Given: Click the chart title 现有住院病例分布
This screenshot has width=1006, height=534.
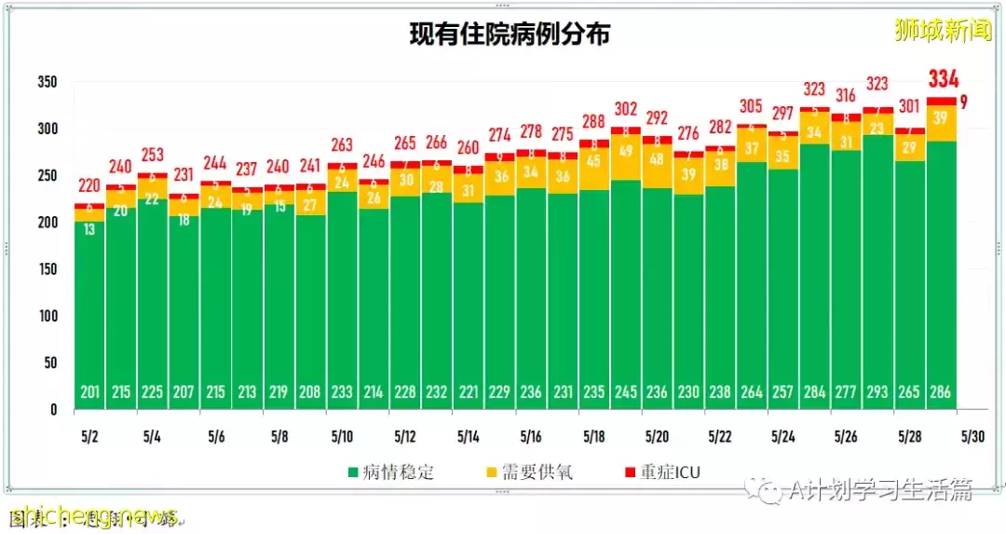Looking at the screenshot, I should pos(510,34).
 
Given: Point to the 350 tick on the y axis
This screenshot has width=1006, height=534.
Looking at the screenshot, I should pos(47,82).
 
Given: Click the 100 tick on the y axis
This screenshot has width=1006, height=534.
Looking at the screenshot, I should pos(47,316).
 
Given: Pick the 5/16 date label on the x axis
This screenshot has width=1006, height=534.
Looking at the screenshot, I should pos(531,436).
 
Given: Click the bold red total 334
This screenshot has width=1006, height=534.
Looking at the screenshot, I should pos(943,78).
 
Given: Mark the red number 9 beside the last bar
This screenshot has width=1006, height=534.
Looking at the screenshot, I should pos(964,103).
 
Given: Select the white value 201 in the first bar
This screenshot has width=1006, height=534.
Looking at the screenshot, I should pos(89,392).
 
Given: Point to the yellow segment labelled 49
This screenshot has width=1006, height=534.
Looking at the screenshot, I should pos(626,151).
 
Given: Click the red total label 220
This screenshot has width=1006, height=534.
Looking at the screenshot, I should pos(89,185).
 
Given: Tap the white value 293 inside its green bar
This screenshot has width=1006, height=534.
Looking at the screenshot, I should pos(877,392).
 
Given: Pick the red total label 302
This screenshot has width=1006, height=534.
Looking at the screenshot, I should pos(626,108).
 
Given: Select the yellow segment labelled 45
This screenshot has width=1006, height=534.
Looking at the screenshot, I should pos(594,159).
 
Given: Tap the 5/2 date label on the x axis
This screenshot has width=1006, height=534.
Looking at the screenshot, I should pos(89,436).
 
